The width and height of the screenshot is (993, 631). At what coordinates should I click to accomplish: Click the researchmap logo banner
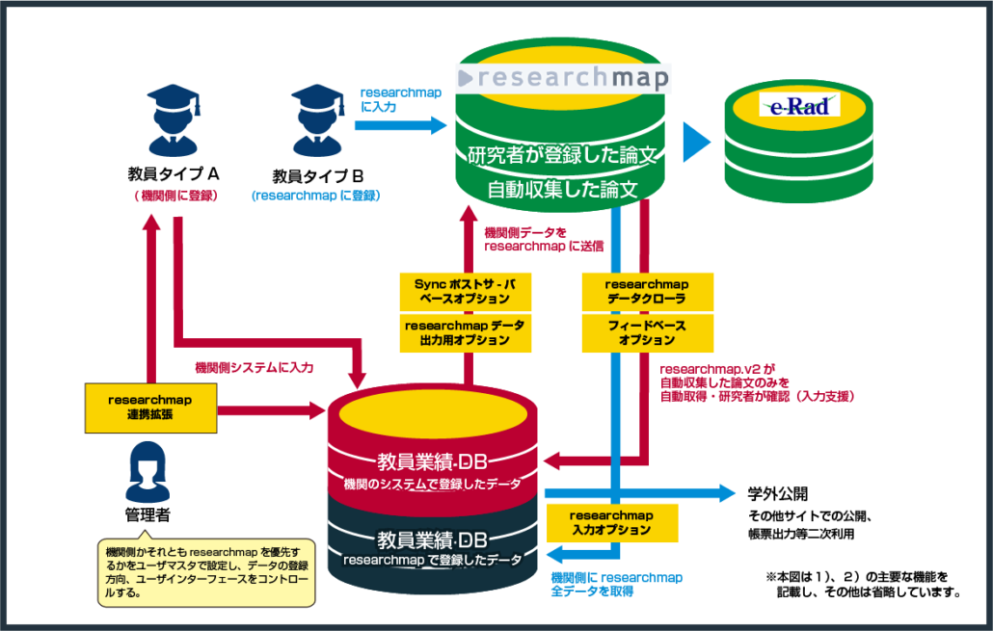564,78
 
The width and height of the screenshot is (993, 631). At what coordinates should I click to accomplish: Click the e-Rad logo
799,105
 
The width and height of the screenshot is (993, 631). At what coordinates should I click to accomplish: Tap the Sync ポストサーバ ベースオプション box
464,291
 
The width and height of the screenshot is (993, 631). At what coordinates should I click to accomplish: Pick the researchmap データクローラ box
647,291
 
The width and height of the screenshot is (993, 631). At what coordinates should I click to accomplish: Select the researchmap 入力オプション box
611,523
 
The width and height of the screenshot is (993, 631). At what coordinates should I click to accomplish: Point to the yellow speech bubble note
206,572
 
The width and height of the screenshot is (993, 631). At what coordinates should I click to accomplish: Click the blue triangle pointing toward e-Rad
696,143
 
